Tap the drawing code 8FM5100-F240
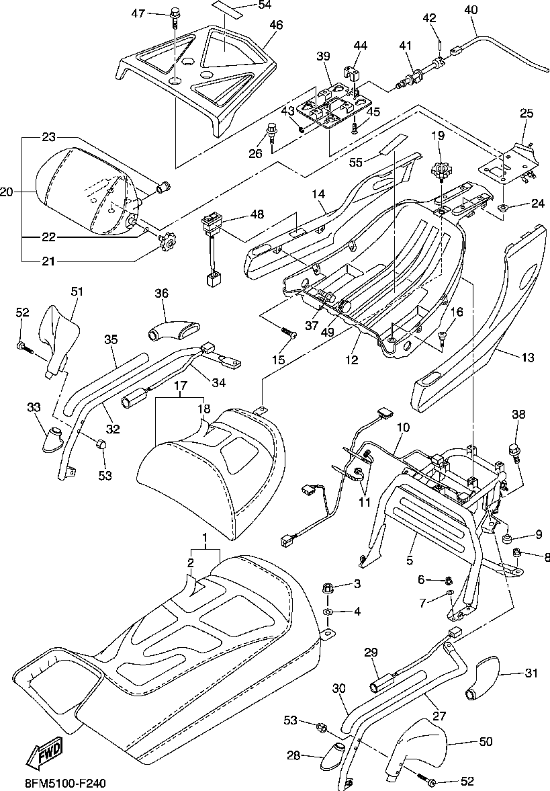point(65,784)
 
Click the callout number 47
point(138,13)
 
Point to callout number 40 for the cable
point(471,9)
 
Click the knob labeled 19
point(440,171)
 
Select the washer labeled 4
point(328,612)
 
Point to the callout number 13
point(527,358)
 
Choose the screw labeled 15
point(289,332)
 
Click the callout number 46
point(276,25)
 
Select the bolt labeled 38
point(516,450)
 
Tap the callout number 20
point(7,192)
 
